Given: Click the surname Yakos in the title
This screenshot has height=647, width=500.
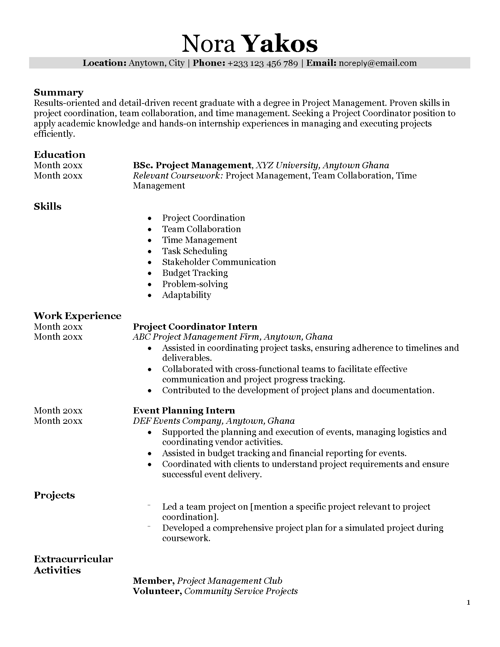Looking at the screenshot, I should point(280,44).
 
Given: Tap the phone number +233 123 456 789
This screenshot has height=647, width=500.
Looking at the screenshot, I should point(262,63).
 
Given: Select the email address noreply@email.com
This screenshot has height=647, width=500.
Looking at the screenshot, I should point(377,63).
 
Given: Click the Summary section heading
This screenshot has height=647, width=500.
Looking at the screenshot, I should point(58,92).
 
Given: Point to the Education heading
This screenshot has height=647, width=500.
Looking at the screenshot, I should point(59,155).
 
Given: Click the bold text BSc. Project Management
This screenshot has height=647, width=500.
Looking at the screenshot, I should point(192,165).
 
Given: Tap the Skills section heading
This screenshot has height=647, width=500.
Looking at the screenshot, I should point(47,206).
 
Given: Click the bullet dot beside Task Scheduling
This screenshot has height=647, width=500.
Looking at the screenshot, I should point(150,251).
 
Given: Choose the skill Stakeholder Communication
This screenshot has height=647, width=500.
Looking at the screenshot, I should point(219,262).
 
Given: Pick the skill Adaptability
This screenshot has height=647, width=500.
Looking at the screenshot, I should point(186,295).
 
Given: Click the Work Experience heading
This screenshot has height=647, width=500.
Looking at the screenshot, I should point(77,316).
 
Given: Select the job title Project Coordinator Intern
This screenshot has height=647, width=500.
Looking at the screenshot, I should point(195,327).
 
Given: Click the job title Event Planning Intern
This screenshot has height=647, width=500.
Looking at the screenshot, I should point(184,411).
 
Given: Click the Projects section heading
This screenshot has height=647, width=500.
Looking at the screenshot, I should point(54,495).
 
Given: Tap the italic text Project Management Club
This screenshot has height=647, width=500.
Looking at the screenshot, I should point(230,581).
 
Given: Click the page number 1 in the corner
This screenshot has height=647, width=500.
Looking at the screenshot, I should point(468,602).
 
